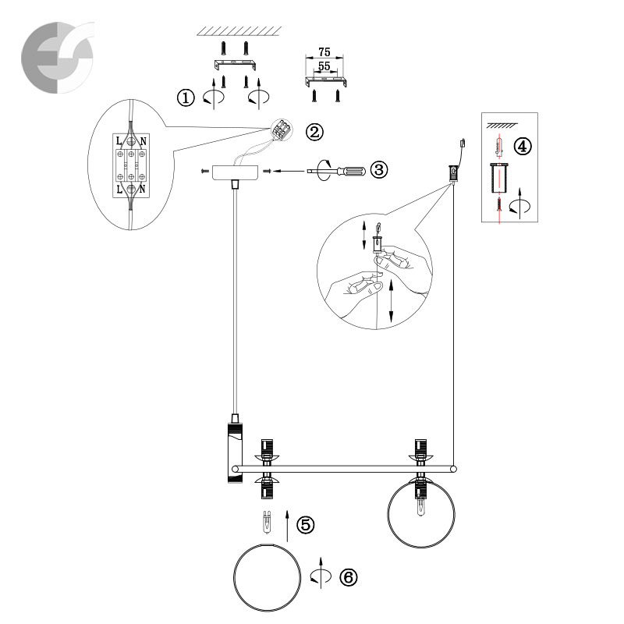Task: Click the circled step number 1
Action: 186,97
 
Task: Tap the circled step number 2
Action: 314,132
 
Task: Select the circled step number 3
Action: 379,169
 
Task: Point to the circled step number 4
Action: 523,146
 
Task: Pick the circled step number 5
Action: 305,524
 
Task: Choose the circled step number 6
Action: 349,577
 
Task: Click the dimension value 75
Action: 324,52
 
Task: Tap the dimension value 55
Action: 324,66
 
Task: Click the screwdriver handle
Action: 350,172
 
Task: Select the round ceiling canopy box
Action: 235,172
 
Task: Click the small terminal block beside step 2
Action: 282,129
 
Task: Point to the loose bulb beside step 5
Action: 267,522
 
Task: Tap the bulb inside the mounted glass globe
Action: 420,507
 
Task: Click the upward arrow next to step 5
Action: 287,525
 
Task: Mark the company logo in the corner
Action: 58,58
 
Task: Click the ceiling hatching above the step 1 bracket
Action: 239,31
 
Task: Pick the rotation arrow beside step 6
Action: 321,573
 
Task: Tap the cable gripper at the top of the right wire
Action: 453,173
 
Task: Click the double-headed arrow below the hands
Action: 392,300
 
